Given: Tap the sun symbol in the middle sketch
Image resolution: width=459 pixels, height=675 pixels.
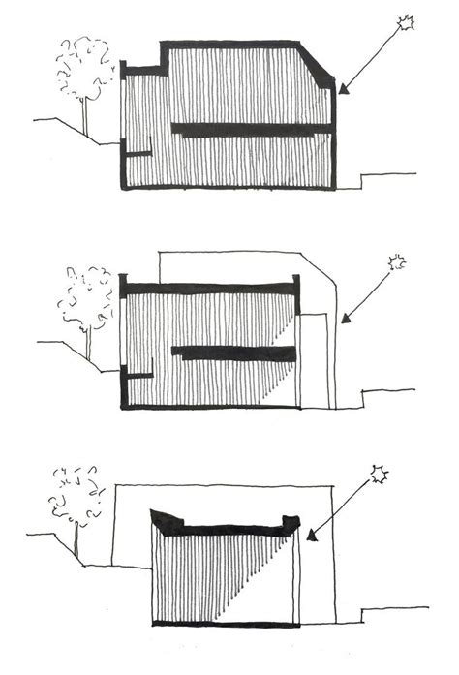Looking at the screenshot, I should [395, 262].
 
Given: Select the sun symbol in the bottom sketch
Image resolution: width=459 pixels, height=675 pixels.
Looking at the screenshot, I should [379, 475].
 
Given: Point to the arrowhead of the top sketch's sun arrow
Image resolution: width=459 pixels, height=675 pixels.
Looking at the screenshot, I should [342, 93].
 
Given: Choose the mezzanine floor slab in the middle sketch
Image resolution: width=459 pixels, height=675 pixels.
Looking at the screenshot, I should [232, 352].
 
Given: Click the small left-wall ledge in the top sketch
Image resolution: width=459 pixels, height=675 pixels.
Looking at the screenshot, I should [138, 153].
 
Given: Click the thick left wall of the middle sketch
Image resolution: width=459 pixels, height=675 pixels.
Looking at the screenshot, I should [123, 344].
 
